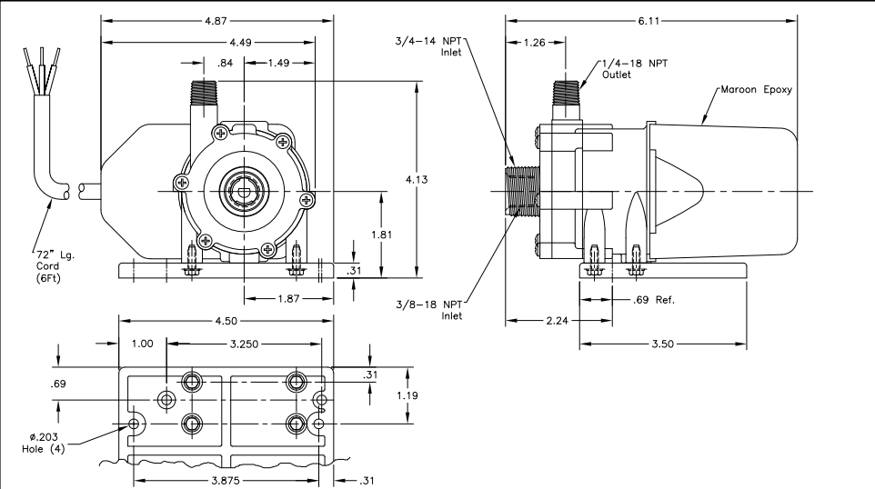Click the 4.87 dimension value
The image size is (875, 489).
(x=216, y=21)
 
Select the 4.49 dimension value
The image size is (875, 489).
(x=240, y=42)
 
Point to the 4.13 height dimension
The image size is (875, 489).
(x=417, y=180)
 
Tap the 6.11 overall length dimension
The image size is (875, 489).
(x=649, y=21)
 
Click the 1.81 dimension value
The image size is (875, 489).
(x=382, y=235)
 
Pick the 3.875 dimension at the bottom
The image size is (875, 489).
(x=226, y=480)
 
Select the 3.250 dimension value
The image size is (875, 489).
(x=245, y=344)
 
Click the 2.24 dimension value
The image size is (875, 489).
(x=557, y=321)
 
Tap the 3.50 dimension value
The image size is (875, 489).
(x=663, y=344)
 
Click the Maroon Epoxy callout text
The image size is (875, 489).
(x=756, y=89)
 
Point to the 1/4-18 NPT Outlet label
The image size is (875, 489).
(x=635, y=69)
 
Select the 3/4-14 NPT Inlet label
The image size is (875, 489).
(x=428, y=46)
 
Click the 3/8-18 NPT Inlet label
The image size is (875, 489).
(x=429, y=310)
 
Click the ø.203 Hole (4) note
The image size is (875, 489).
(x=44, y=443)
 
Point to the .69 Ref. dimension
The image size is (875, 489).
(x=653, y=300)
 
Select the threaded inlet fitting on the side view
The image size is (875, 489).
(x=522, y=191)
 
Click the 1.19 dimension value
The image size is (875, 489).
(x=407, y=395)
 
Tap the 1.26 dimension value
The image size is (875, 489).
(x=535, y=42)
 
